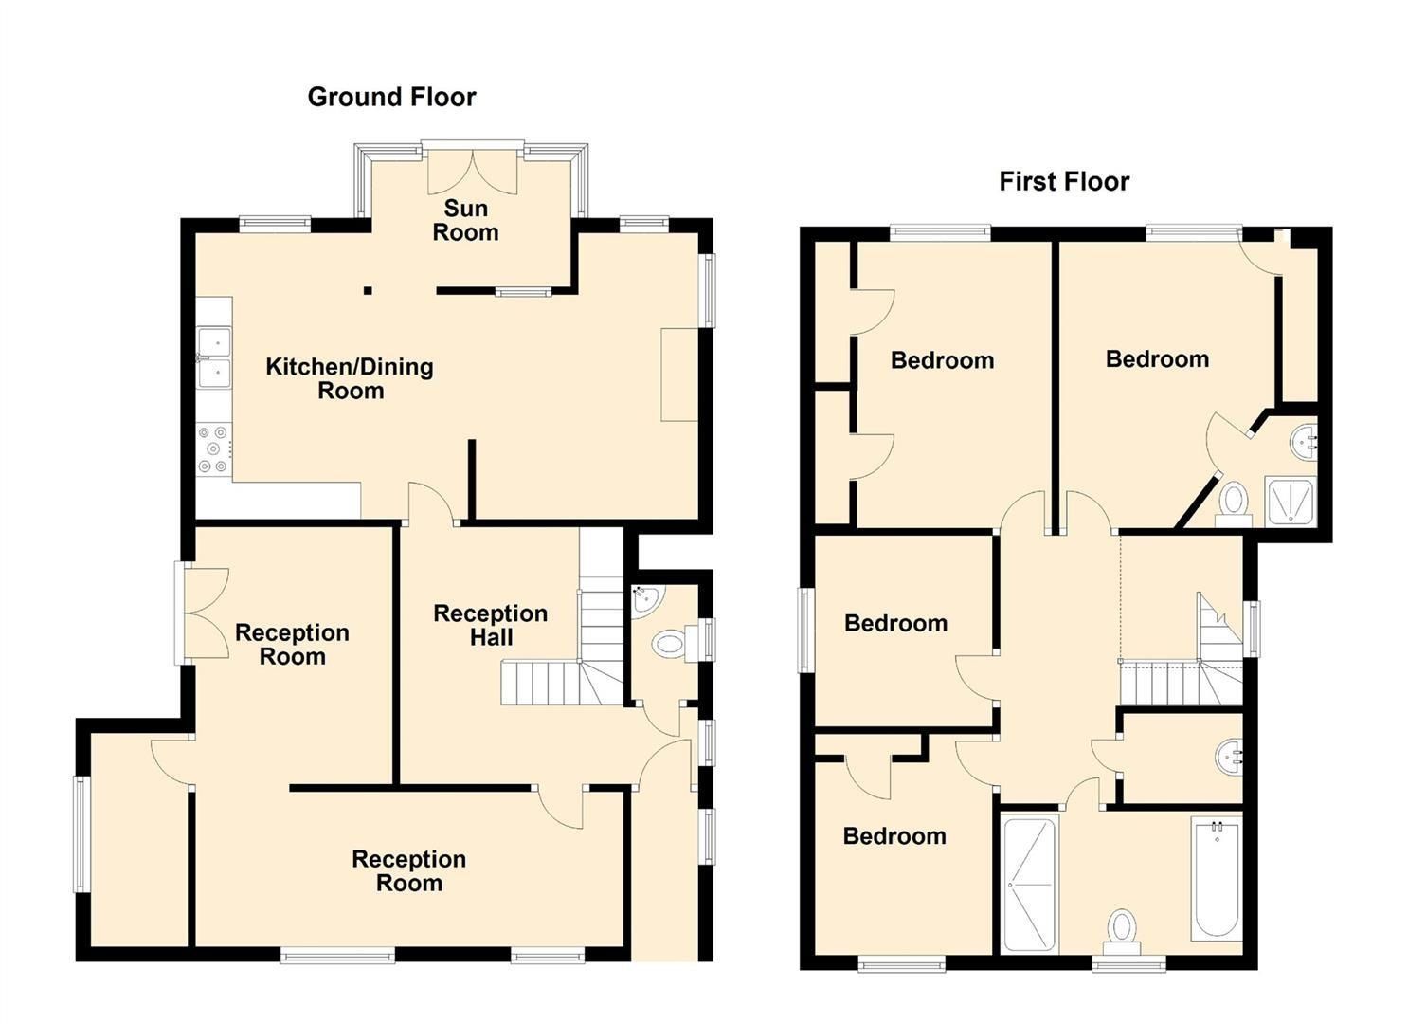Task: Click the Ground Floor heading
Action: (391, 97)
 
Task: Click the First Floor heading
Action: (1064, 181)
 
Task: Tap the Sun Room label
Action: (465, 220)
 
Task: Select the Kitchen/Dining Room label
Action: (350, 378)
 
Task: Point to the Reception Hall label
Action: (490, 625)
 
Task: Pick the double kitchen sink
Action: (215, 357)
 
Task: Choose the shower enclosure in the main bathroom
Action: (1029, 884)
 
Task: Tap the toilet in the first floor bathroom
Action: (1122, 928)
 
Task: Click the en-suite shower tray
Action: (1291, 503)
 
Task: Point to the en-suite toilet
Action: (1233, 502)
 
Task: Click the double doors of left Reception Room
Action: (201, 613)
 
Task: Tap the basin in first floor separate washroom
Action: (1229, 756)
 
